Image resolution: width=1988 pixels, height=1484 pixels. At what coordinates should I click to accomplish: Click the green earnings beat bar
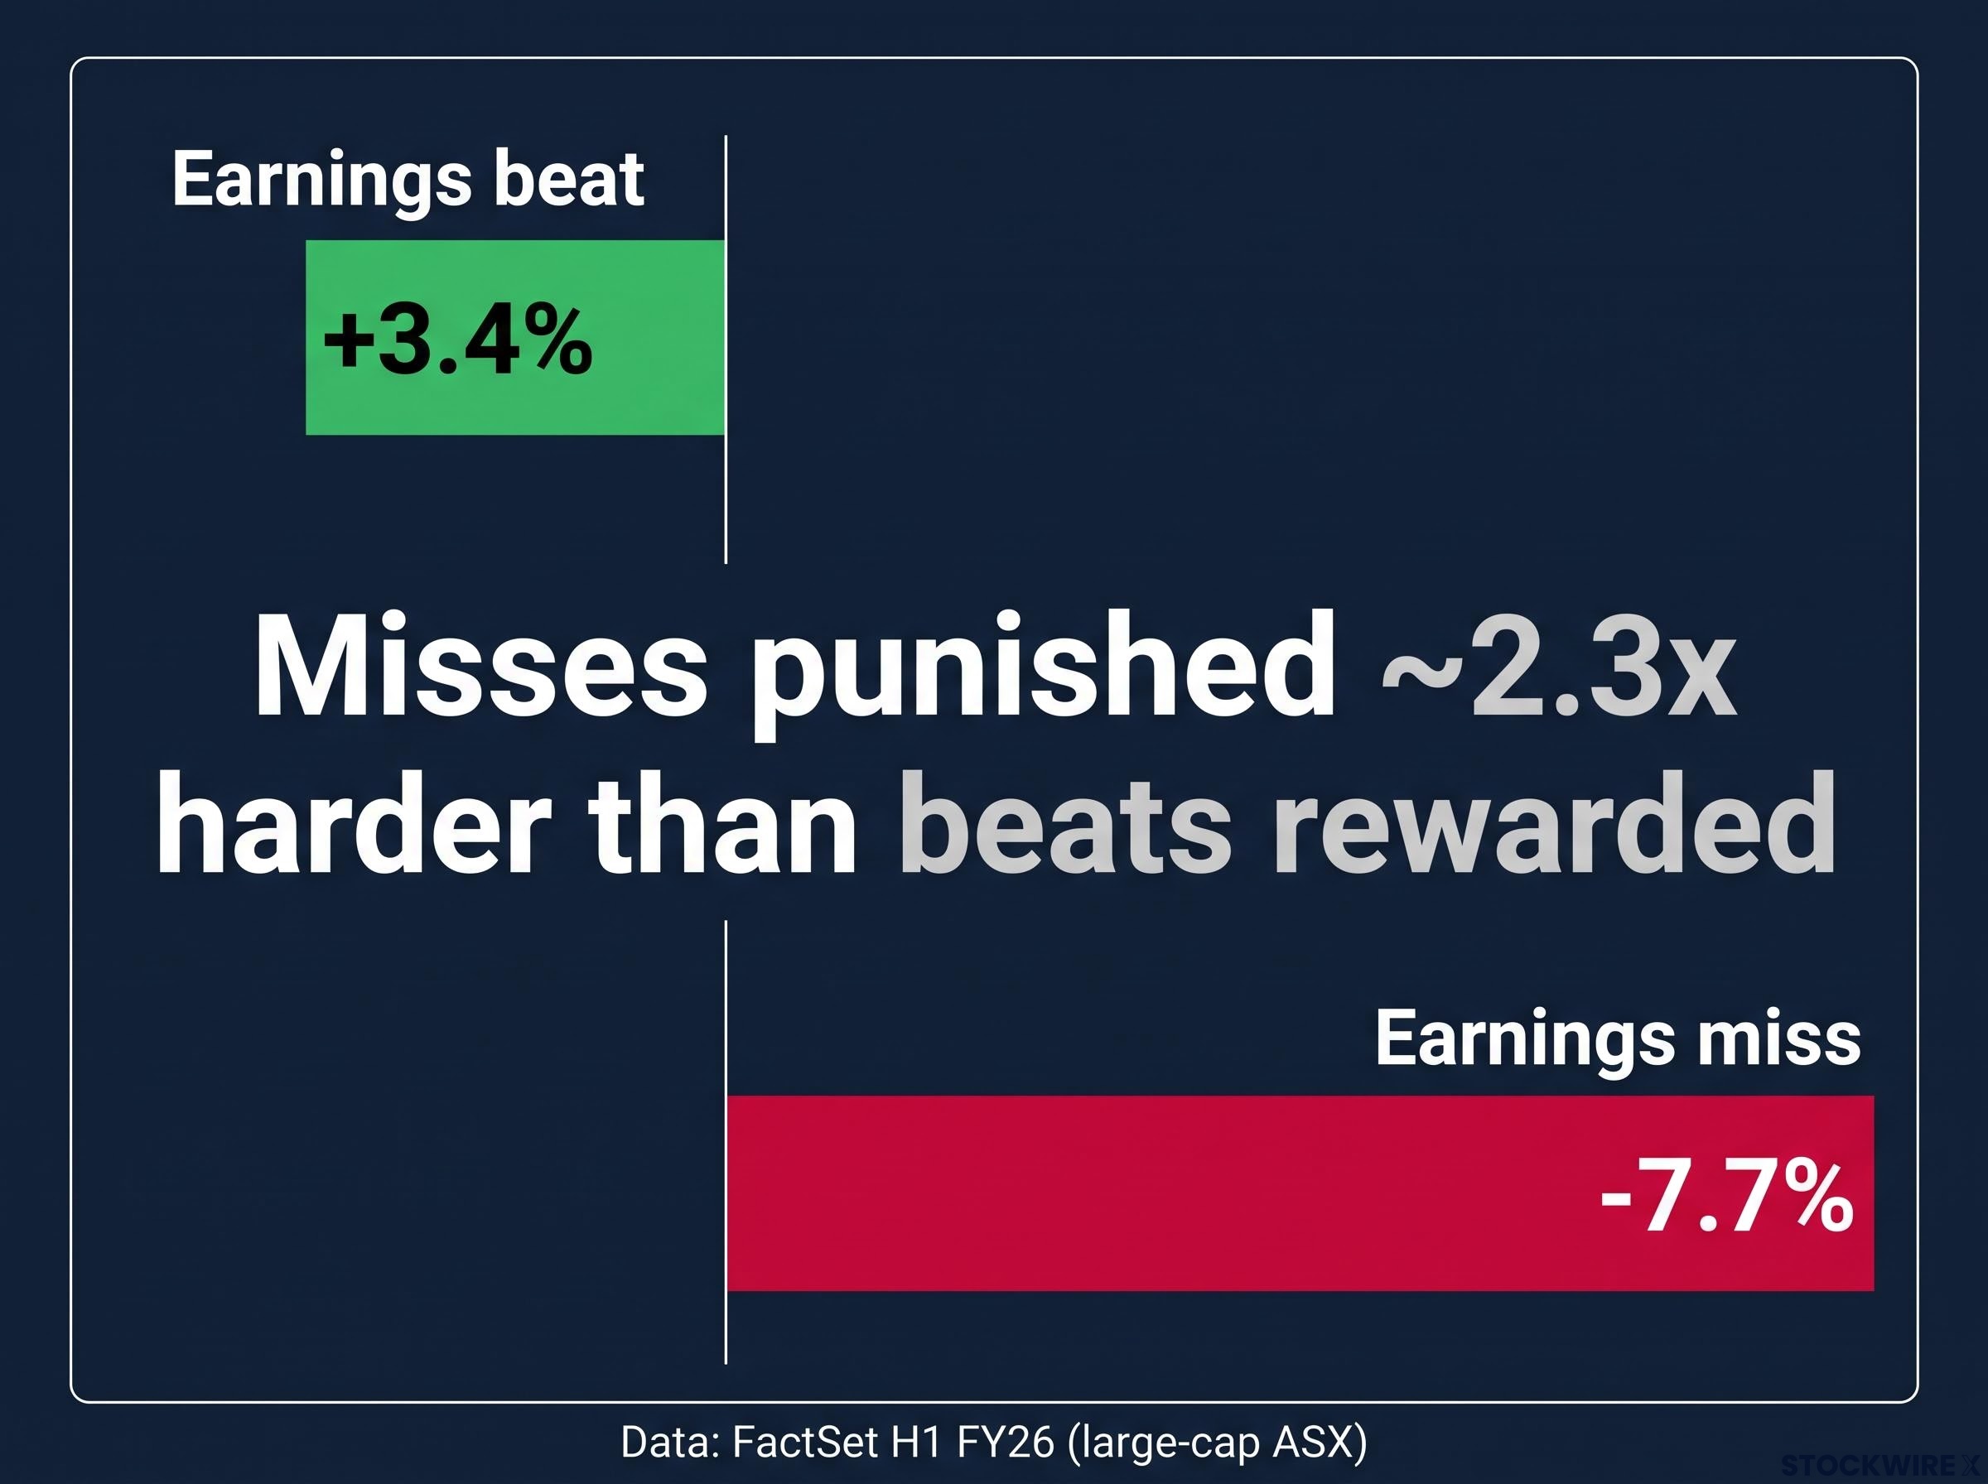514,337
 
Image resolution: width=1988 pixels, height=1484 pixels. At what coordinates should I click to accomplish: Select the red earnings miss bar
1300,1193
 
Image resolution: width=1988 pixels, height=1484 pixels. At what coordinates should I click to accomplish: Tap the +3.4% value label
457,341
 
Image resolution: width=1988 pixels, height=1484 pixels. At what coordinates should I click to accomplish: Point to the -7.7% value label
1726,1197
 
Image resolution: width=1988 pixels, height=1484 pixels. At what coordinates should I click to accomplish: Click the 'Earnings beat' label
408,180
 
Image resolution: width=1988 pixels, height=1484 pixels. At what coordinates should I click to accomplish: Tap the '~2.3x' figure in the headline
1558,668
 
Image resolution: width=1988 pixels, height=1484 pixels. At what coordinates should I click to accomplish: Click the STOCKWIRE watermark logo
1881,1466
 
